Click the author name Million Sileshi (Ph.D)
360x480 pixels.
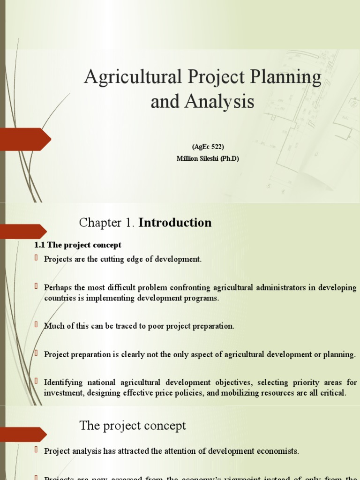click(x=208, y=158)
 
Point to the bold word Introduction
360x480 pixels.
click(x=175, y=223)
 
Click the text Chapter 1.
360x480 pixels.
click(x=107, y=223)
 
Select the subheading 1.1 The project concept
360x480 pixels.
click(x=78, y=245)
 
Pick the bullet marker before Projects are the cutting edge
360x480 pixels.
click(x=37, y=258)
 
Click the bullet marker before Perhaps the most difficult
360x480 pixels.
click(x=37, y=286)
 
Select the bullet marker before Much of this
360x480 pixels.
click(x=37, y=325)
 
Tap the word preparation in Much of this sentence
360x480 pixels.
click(x=210, y=326)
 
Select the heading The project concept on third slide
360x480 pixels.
click(x=133, y=426)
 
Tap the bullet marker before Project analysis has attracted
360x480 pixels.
click(x=37, y=450)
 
